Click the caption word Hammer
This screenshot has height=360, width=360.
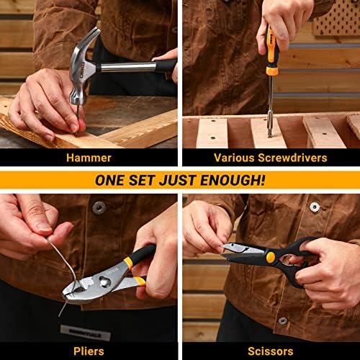click(x=89, y=157)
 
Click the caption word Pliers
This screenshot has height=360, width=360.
click(x=89, y=351)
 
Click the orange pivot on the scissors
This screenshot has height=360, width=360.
click(x=270, y=256)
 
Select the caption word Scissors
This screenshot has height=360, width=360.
click(x=270, y=351)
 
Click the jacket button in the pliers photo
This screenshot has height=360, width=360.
click(x=99, y=207)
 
